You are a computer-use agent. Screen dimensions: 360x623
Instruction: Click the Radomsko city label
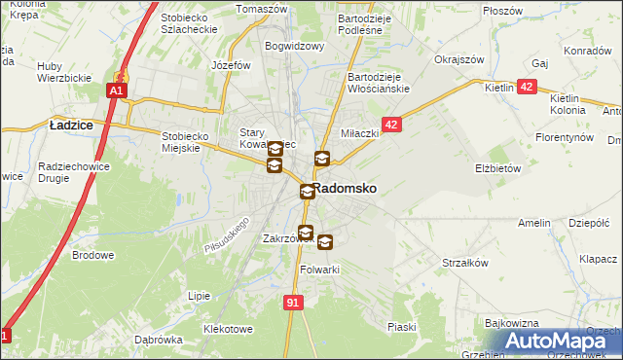click(345, 188)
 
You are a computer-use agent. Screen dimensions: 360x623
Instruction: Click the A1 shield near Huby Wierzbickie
click(116, 90)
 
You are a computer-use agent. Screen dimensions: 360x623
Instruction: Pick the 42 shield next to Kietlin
click(527, 87)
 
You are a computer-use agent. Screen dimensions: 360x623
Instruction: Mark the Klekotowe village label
click(229, 329)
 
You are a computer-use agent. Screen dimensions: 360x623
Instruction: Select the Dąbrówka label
click(159, 340)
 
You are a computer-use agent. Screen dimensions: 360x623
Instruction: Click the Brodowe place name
click(92, 255)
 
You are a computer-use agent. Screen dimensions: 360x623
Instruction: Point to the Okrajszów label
click(459, 58)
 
